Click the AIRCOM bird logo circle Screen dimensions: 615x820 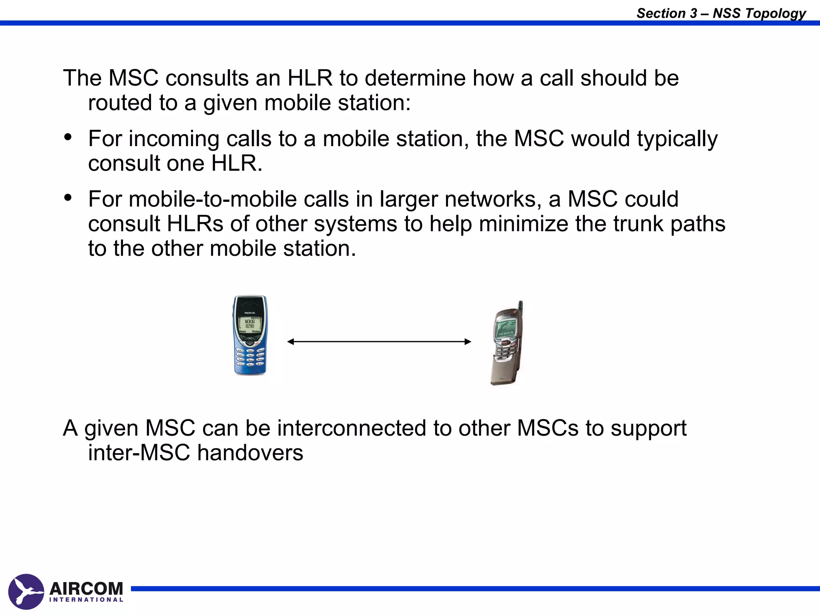tap(26, 591)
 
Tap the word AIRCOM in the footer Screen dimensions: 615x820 tap(86, 589)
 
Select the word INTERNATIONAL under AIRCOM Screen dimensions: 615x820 tap(86, 600)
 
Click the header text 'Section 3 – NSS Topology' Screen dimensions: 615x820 tap(721, 13)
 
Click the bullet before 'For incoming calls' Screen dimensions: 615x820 tap(68, 137)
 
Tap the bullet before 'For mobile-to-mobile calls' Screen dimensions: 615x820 tap(68, 197)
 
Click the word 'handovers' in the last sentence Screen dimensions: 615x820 tap(250, 452)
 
